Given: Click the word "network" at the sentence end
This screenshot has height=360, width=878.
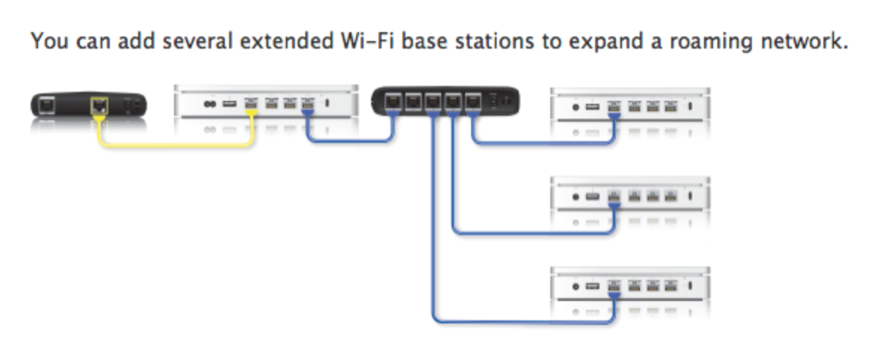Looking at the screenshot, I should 801,41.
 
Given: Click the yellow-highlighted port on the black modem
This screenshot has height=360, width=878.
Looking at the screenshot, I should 99,105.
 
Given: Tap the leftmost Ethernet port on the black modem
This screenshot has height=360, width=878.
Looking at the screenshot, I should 48,103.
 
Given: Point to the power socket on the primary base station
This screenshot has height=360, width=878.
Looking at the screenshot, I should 208,104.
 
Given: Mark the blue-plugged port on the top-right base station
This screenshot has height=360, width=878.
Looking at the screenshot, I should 614,108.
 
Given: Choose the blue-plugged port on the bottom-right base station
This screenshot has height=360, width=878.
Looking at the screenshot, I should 614,287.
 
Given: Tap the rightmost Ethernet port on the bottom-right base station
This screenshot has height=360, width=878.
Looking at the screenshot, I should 671,287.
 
